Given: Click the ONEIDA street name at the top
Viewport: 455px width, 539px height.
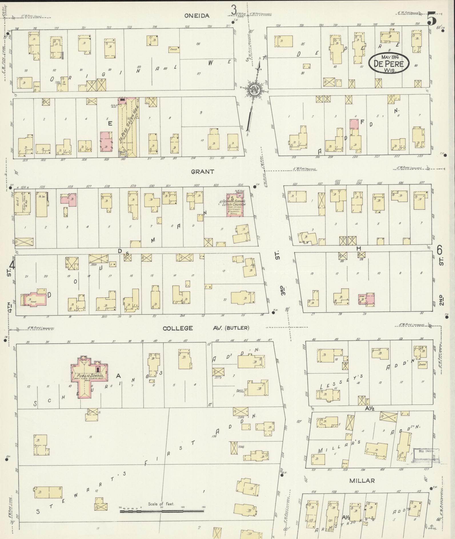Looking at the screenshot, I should click(x=197, y=16).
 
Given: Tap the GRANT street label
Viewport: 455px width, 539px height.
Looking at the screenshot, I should click(x=203, y=172).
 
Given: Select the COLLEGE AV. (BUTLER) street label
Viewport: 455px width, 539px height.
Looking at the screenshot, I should click(x=206, y=328).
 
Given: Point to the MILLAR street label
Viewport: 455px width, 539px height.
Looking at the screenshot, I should click(x=362, y=481).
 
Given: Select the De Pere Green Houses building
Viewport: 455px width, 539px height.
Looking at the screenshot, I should click(x=127, y=127).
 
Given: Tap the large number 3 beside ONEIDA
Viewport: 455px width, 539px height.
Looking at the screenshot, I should click(x=234, y=11).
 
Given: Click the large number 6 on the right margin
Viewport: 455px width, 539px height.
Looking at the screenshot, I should click(x=440, y=251).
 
